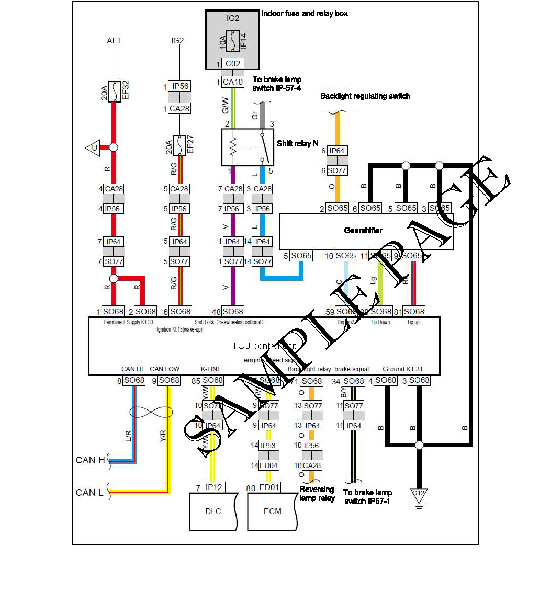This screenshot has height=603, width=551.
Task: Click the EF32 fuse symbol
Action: coord(115,91)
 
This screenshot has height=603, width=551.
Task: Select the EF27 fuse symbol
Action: coord(179,145)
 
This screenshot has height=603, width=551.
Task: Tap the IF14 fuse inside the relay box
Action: coord(233,41)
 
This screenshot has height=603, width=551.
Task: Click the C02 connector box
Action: coord(233,64)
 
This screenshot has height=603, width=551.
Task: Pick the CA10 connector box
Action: coord(233,82)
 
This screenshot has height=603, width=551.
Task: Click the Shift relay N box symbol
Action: coord(248,147)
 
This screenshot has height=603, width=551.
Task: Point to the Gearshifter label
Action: coord(363,230)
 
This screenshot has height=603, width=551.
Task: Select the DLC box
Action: coord(213,511)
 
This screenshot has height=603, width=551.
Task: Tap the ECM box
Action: coord(272,511)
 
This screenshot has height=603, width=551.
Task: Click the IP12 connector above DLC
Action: coord(213,487)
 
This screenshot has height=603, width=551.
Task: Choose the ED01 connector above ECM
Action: coord(269,487)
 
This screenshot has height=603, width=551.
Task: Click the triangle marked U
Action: coord(93,148)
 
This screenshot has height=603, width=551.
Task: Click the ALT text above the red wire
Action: coord(114,41)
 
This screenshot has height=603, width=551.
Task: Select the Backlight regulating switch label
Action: coord(365,96)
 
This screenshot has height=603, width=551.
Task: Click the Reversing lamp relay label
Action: coord(317,494)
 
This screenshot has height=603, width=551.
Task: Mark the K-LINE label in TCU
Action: coord(211,369)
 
